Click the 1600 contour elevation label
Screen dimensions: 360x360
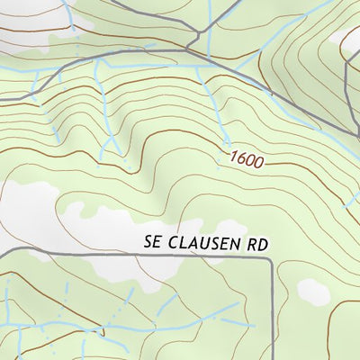[245, 161]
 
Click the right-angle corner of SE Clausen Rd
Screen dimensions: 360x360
[271, 258]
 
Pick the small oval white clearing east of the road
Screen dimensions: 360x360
[312, 290]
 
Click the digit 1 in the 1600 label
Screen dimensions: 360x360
[232, 157]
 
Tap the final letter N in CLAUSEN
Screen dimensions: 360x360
[235, 244]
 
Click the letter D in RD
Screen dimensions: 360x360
[265, 244]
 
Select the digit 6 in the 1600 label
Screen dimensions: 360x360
[240, 160]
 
